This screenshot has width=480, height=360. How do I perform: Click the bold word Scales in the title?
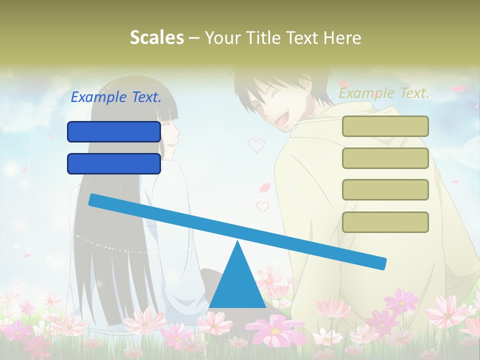coord(157,37)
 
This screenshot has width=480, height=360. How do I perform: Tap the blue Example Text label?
coord(116,97)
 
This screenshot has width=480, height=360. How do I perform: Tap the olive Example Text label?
coord(384,93)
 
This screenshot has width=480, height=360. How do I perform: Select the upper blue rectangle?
coord(114,131)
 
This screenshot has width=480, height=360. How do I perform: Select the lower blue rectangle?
coord(114,163)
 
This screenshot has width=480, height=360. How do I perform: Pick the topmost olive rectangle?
coord(385,126)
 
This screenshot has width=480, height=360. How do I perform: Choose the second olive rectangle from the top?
coord(385,158)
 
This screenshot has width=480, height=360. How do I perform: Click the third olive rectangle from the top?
coord(385,190)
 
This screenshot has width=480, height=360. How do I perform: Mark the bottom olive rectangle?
coord(385,222)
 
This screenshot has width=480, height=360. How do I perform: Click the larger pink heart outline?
coord(256,145)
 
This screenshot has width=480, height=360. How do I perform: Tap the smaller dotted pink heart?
coord(262,205)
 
